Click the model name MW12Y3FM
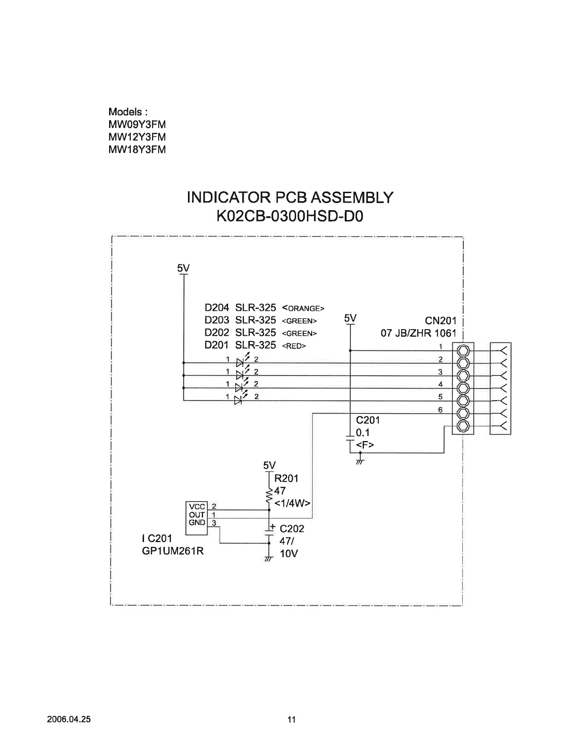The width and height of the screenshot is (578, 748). [137, 137]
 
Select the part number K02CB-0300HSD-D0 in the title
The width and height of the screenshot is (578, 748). [290, 217]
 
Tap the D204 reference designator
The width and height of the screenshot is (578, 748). [216, 308]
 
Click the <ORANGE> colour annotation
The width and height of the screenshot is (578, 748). [303, 308]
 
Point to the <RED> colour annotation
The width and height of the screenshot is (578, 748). [294, 346]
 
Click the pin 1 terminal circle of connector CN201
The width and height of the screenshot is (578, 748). [463, 350]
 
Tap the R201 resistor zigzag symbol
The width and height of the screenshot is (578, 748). [269, 495]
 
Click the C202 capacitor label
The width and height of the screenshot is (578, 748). [292, 529]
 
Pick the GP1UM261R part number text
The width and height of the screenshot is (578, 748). [173, 551]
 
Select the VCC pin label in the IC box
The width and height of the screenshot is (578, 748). [197, 507]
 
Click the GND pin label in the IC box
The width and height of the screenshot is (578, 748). [197, 523]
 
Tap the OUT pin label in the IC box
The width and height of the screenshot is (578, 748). [197, 515]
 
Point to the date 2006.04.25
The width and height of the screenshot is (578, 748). [69, 720]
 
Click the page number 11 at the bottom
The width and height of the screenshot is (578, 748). [291, 720]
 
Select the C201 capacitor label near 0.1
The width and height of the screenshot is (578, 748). [368, 420]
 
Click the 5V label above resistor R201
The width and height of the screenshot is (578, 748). [269, 465]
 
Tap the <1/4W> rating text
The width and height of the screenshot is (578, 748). [292, 503]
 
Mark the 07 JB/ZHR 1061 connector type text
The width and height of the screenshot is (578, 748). [418, 333]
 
